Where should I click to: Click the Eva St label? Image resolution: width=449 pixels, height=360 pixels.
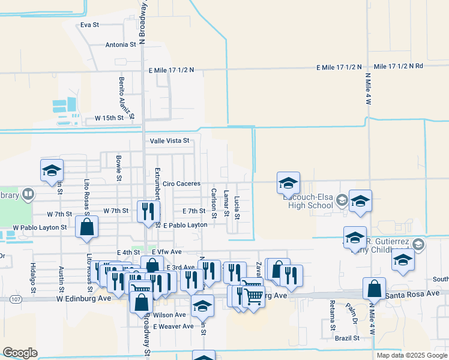coord(89,25)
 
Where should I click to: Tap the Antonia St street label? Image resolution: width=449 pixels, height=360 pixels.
coord(121,44)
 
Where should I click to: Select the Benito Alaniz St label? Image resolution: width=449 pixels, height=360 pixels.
coord(121,94)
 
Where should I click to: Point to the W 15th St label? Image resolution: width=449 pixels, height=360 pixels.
coord(109,118)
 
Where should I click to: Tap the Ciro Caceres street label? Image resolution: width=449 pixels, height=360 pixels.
coord(181,184)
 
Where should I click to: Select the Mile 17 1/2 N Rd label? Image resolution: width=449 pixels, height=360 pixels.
coord(398,66)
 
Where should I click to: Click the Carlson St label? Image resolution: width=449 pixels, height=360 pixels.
coord(214,203)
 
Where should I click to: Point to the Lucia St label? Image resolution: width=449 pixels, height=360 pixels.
coord(237,207)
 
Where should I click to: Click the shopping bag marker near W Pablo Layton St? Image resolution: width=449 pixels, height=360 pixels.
coord(87,227)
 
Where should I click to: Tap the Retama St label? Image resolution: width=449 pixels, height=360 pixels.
coord(332,317)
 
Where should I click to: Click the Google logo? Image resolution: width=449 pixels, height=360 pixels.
coord(20,353)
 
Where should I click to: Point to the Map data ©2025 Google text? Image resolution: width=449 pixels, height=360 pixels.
coord(411,355)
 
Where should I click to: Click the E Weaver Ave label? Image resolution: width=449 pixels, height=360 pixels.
coord(173,326)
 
